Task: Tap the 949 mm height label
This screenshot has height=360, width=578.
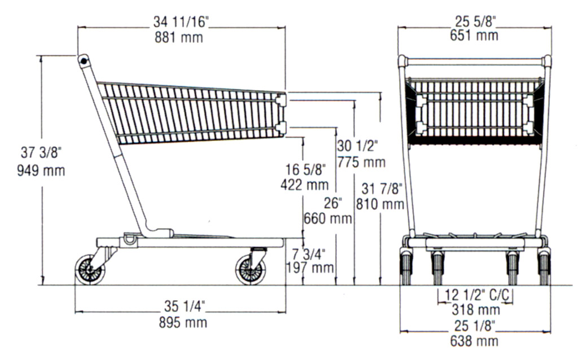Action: (x=41, y=170)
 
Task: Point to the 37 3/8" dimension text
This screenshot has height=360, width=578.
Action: (x=41, y=153)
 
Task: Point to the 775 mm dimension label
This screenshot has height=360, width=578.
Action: (x=361, y=163)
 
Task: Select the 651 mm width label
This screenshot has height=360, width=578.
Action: (x=474, y=36)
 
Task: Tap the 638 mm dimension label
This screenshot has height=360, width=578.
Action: (x=474, y=341)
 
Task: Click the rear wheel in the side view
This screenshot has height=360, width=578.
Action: (x=90, y=270)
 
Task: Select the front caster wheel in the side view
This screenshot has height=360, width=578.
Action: (x=250, y=270)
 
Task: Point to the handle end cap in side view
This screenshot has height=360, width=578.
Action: (x=84, y=59)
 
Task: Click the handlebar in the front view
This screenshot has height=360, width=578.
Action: (x=474, y=60)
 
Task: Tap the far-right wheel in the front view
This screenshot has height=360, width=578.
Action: (x=544, y=268)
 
